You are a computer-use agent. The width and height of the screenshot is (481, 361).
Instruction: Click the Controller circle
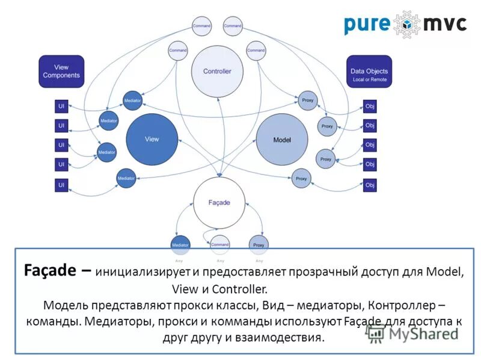click(216, 72)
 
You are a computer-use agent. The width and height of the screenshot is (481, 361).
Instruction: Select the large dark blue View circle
click(152, 139)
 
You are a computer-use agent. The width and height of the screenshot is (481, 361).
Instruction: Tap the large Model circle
click(282, 140)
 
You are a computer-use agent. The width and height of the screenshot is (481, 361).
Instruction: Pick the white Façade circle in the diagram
click(219, 203)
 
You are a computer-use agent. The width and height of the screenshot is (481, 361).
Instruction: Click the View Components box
click(61, 72)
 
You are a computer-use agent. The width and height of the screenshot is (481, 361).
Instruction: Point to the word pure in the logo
click(367, 25)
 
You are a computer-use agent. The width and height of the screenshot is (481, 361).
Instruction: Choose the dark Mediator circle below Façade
click(180, 245)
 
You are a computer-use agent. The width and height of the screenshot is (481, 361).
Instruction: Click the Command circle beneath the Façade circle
click(220, 244)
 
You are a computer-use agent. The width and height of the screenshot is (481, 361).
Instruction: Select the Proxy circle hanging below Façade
click(259, 245)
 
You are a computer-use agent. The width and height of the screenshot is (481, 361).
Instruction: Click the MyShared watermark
click(414, 333)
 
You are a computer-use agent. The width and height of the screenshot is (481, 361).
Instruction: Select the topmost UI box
click(61, 106)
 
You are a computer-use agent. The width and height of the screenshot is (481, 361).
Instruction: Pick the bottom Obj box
click(370, 185)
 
